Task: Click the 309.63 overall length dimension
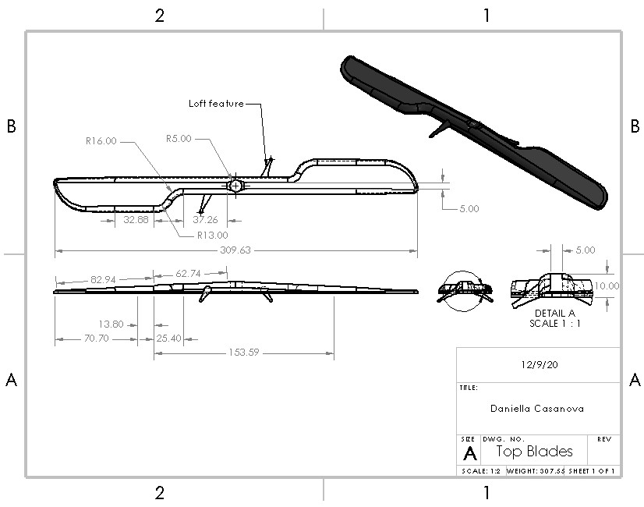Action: coord(235,250)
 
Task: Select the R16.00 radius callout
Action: coord(101,141)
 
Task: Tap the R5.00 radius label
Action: coord(179,139)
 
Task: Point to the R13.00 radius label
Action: coord(212,236)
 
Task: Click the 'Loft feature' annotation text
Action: coord(216,104)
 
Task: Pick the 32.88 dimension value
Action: coord(136,220)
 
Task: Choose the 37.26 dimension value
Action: coord(205,220)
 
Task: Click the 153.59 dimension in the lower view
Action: coord(244,353)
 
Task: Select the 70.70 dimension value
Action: coord(97,339)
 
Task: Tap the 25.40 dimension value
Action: coord(169,339)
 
